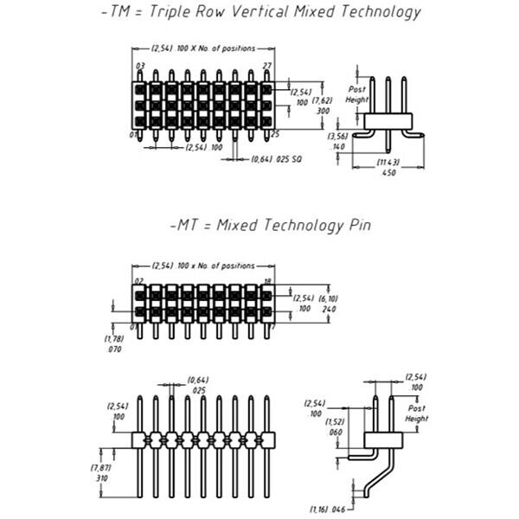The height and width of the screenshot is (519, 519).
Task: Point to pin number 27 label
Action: (268, 66)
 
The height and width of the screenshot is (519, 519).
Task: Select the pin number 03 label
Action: (140, 66)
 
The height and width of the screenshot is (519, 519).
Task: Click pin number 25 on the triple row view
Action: (275, 134)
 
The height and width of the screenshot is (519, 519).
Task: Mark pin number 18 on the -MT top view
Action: (269, 281)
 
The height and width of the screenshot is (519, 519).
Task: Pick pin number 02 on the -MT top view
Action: (138, 281)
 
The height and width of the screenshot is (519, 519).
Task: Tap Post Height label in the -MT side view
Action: (417, 413)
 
